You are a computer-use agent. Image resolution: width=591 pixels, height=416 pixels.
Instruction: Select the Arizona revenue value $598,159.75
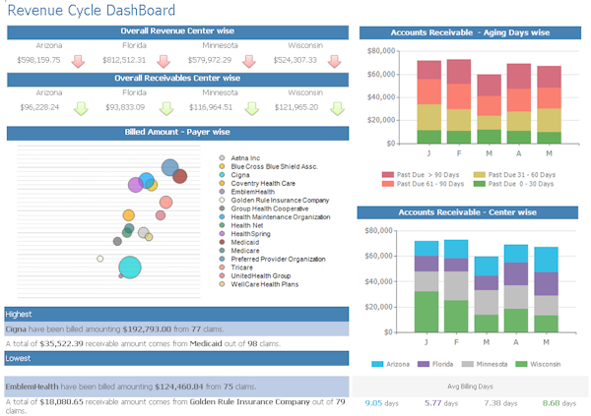pyautogui.click(x=39, y=60)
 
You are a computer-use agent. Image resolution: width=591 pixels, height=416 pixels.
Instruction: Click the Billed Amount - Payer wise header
pyautogui.click(x=177, y=132)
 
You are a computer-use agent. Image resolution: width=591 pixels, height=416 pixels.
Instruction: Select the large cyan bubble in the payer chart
pyautogui.click(x=130, y=267)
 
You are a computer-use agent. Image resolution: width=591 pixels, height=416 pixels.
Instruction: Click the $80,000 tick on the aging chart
pyautogui.click(x=379, y=50)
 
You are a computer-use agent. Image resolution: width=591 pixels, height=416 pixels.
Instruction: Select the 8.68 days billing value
pyautogui.click(x=558, y=402)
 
